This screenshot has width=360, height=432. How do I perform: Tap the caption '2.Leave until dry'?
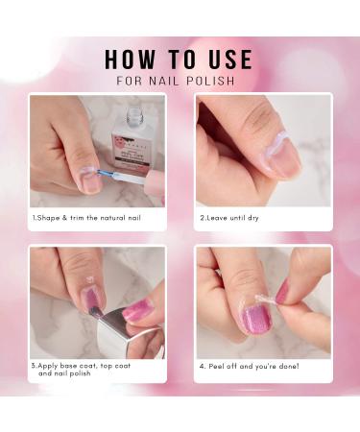[x=229, y=218]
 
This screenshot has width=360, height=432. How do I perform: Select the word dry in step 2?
[x=252, y=218]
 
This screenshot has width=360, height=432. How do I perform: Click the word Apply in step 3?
[x=51, y=365]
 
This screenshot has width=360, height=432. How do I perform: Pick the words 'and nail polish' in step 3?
[x=65, y=372]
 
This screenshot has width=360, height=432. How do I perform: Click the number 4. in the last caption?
[x=203, y=366]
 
